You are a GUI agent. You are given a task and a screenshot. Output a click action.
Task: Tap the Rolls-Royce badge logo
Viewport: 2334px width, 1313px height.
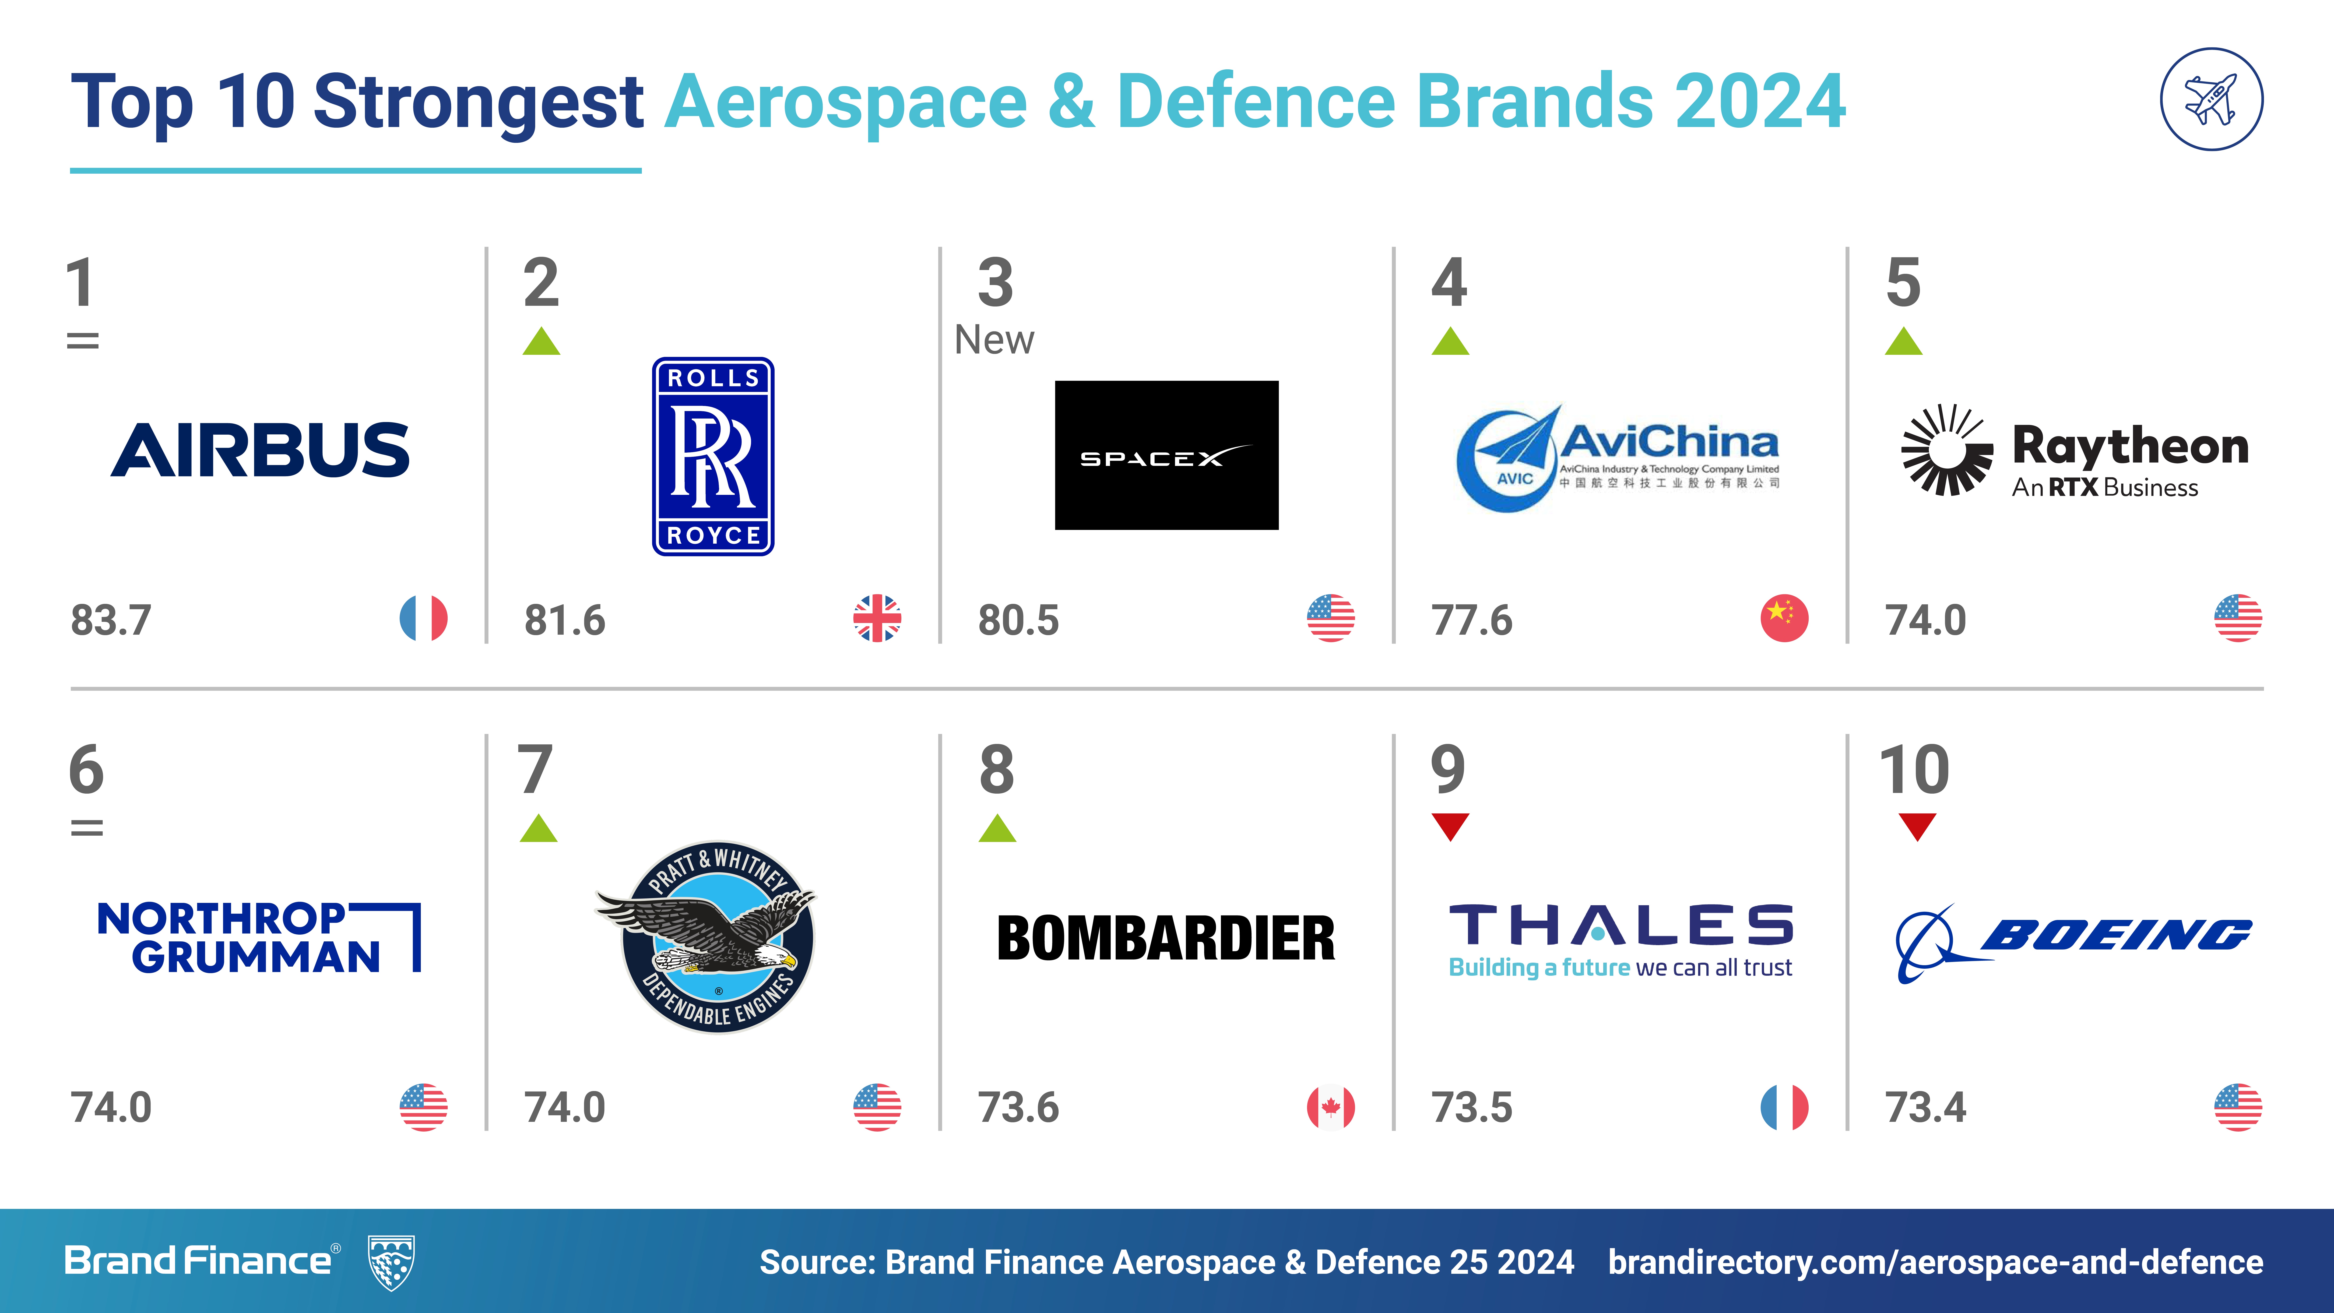tap(713, 456)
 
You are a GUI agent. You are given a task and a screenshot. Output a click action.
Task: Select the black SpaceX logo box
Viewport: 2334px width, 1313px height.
tap(1166, 455)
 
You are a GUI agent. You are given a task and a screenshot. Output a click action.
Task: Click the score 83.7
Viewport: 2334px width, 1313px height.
tap(111, 621)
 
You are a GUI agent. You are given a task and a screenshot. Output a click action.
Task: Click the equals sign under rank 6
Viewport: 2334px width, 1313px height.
tap(87, 827)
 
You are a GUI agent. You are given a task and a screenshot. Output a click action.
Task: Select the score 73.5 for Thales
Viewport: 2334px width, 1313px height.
tap(1471, 1107)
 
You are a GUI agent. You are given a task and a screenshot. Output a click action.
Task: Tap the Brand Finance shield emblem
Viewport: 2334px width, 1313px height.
tap(391, 1261)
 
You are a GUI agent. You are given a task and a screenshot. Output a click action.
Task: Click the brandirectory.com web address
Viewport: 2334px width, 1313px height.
tap(1935, 1261)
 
